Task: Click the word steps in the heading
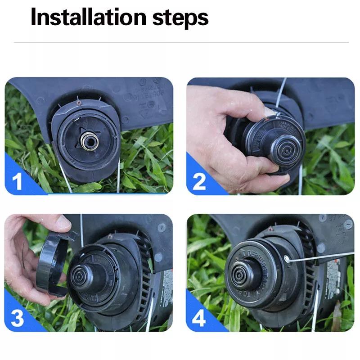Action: pyautogui.click(x=180, y=18)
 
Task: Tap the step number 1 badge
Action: pyautogui.click(x=17, y=182)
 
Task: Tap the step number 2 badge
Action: pyautogui.click(x=199, y=182)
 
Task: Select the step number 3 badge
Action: pyautogui.click(x=17, y=318)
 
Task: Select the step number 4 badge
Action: pyautogui.click(x=199, y=318)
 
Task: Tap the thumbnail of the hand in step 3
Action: pyautogui.click(x=63, y=221)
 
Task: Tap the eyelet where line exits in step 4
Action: pyautogui.click(x=287, y=259)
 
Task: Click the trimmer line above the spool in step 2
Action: pyautogui.click(x=281, y=94)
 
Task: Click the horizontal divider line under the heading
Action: pyautogui.click(x=180, y=43)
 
